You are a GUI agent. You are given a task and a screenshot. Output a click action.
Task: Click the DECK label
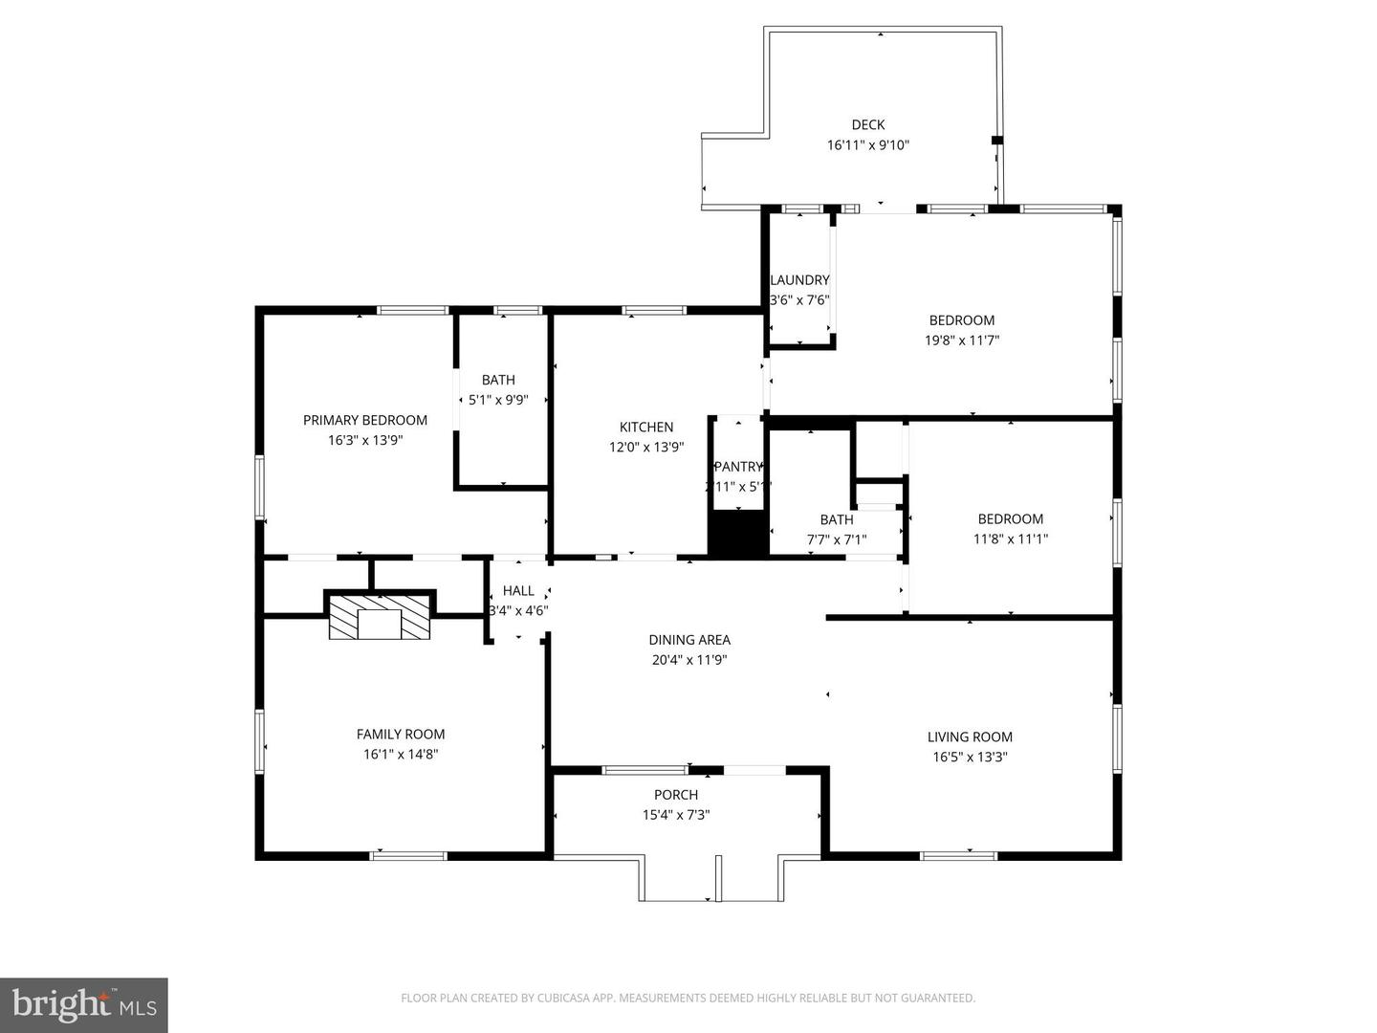click(x=867, y=124)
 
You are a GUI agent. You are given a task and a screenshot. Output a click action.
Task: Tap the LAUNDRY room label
click(x=799, y=280)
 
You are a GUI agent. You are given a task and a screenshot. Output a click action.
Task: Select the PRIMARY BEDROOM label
click(x=364, y=420)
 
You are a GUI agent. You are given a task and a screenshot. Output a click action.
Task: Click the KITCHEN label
click(x=646, y=428)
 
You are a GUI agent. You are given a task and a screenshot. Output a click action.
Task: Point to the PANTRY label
click(x=738, y=467)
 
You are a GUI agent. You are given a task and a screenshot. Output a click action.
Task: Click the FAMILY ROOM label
click(x=400, y=735)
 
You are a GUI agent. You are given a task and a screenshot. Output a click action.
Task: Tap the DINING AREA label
click(x=688, y=640)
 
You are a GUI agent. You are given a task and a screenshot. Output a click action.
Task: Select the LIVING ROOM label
click(x=969, y=736)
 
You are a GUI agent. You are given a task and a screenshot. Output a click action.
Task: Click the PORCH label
click(x=675, y=795)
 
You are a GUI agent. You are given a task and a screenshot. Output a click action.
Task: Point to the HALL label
click(x=518, y=591)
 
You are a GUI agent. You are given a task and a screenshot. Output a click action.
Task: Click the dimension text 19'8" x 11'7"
click(x=961, y=340)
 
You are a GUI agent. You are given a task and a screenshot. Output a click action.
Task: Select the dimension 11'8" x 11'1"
click(x=1010, y=538)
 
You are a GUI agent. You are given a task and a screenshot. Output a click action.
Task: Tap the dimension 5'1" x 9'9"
click(x=498, y=400)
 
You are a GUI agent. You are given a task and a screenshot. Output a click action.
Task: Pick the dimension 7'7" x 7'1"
click(x=836, y=539)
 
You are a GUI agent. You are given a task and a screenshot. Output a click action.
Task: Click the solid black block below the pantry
click(x=737, y=536)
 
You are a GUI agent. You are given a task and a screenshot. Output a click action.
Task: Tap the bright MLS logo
click(x=84, y=1004)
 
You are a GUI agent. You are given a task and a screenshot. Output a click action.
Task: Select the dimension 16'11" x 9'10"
click(x=867, y=145)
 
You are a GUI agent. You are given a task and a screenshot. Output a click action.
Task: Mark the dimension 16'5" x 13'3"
click(x=970, y=757)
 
